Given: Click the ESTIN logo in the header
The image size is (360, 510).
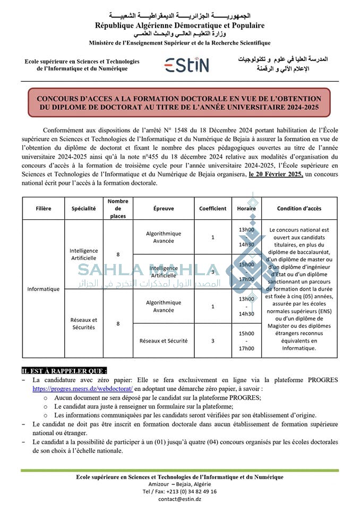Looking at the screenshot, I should point(186,65).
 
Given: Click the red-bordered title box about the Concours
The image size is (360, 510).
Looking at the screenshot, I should point(179,103).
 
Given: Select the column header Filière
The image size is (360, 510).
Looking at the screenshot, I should point(44,209).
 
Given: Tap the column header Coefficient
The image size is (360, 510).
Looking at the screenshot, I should point(212,209).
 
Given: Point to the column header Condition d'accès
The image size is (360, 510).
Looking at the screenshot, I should point(299,209).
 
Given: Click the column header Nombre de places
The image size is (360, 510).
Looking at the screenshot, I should point(118,208).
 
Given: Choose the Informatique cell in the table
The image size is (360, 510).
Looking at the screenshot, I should point(44,289).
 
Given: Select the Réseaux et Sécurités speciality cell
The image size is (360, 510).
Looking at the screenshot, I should point(84,324).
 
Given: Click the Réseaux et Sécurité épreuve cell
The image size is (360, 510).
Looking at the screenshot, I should point(163,341).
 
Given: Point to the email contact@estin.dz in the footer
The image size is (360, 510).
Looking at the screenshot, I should point(179,499).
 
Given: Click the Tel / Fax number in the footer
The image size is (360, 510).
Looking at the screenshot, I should point(179,491).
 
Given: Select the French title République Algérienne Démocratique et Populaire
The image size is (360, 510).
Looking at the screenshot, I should point(179,25).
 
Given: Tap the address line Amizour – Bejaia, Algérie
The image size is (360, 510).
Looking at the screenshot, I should point(179,484).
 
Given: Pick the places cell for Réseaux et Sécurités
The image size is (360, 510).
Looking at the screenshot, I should point(118,324).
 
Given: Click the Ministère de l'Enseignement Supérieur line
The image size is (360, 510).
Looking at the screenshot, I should point(179,43).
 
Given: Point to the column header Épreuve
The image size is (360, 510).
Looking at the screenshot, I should point(163,209).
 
